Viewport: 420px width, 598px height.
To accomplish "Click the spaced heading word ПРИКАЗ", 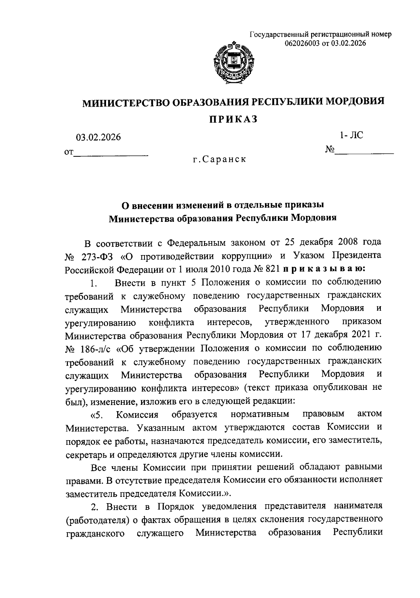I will (x=233, y=119).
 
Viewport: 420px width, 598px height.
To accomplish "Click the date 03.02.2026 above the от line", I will (x=99, y=138).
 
